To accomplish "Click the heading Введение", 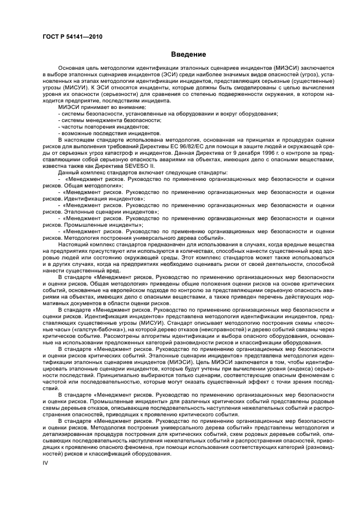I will (188, 54).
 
